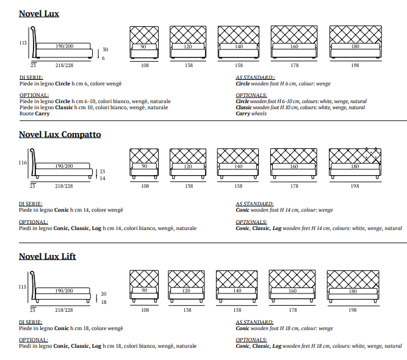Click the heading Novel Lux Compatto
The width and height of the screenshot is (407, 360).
point(60,134)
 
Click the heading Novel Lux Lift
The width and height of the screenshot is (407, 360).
point(48,256)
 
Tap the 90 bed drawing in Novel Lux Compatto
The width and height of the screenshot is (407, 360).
point(144,163)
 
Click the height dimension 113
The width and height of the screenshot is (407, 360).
point(23,43)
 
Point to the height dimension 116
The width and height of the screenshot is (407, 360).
point(23,163)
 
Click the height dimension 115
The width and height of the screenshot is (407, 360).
point(23,287)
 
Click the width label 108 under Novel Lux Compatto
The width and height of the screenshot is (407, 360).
point(145,186)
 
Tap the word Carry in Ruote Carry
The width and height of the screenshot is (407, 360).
point(42,113)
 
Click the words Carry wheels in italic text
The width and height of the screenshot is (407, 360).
point(251,113)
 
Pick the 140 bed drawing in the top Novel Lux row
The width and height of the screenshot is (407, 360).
point(239,43)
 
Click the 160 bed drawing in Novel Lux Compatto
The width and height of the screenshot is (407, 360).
point(294,163)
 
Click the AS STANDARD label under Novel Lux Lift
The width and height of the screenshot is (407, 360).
point(254,322)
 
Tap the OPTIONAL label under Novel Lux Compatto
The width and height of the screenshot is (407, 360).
point(34,222)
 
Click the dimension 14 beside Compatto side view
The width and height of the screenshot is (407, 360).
point(103,179)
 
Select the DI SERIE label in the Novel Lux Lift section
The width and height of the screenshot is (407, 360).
point(31,322)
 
